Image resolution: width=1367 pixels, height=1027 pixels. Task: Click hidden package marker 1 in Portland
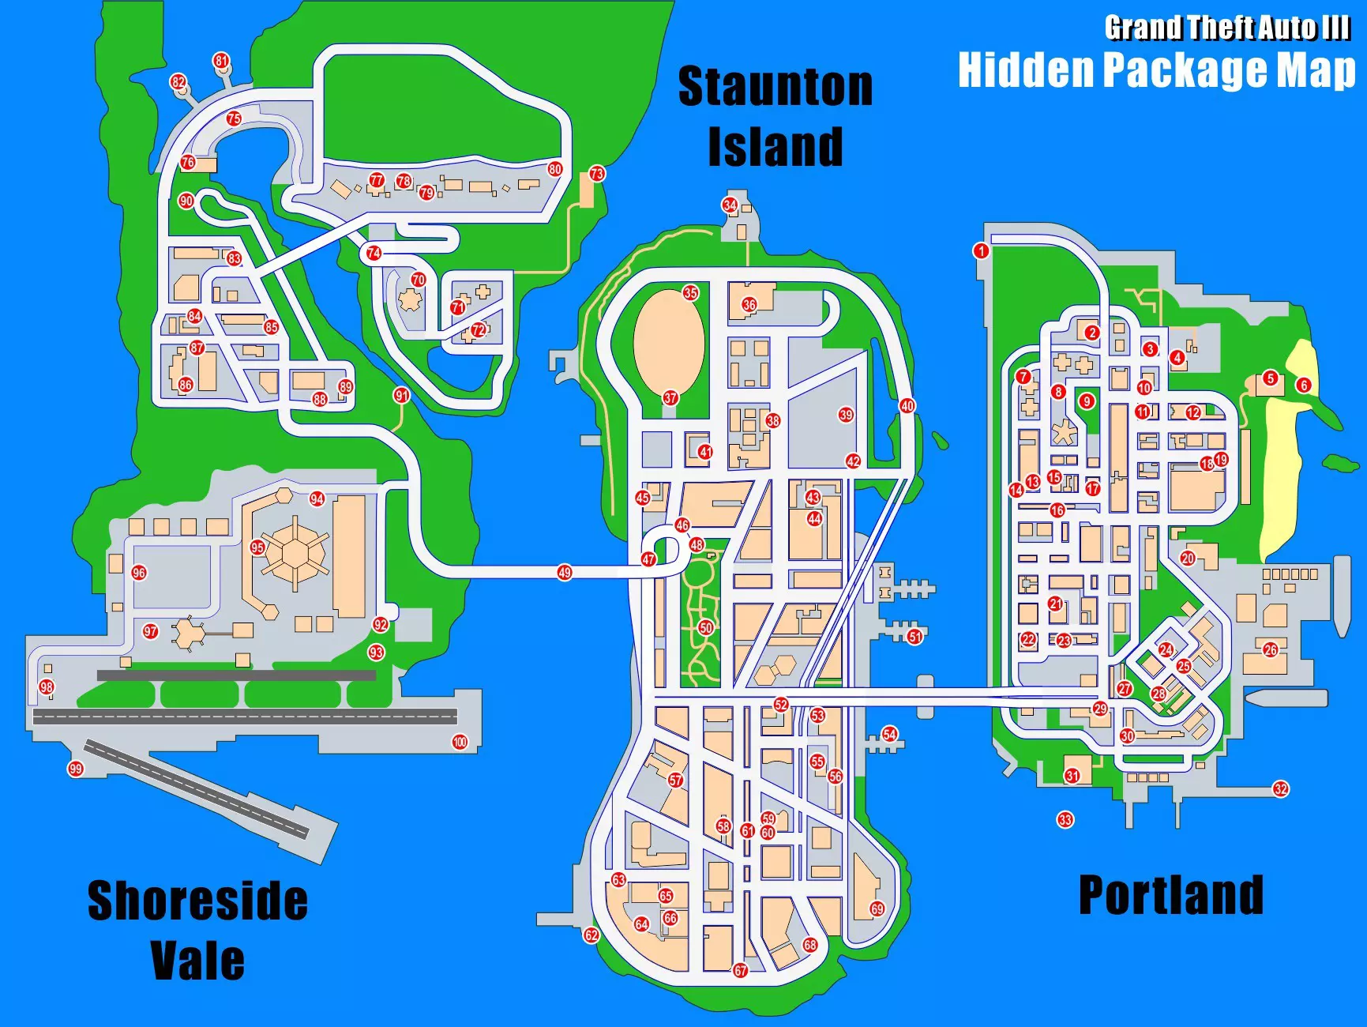point(981,251)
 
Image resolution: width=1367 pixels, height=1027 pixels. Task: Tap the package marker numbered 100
point(460,742)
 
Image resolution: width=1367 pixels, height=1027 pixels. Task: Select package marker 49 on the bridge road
point(564,573)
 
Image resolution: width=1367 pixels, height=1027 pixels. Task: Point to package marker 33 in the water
point(1065,819)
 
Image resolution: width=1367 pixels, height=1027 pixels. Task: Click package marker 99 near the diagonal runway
point(76,769)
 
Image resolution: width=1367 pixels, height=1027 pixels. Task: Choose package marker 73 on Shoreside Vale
point(597,174)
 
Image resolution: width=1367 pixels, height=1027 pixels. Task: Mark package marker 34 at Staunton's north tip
point(730,205)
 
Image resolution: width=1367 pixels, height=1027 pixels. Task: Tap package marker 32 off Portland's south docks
point(1281,788)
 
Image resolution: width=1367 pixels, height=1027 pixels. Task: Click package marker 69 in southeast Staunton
point(877,908)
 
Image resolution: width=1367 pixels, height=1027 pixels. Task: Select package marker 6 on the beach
point(1304,386)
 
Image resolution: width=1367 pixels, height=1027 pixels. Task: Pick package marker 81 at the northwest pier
point(221,62)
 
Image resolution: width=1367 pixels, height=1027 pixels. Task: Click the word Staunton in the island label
point(776,87)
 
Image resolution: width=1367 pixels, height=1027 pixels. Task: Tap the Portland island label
point(1170,895)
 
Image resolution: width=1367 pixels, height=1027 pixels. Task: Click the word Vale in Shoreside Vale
point(197,960)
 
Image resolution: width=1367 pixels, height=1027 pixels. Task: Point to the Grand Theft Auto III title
point(1226,28)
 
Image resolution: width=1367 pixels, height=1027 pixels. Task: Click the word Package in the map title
point(1185,70)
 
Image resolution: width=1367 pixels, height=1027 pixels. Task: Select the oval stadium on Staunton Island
point(668,341)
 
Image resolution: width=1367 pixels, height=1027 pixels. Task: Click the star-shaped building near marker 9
point(1065,433)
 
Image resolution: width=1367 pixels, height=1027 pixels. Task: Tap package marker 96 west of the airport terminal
point(139,573)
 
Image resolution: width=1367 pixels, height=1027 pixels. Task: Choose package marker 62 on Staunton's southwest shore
point(591,935)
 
